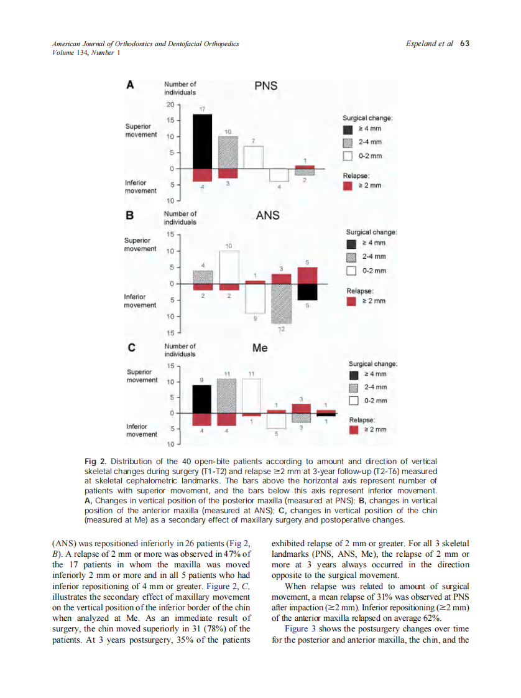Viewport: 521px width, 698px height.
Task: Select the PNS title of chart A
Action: tap(266, 86)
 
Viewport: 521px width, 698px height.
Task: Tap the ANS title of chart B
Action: tap(267, 216)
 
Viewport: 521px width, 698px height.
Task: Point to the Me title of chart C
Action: tap(260, 348)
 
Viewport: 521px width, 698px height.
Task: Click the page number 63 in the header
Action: tap(464, 44)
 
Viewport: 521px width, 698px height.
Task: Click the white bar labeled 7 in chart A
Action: tap(253, 157)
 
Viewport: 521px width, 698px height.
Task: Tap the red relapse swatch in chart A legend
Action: tap(348, 185)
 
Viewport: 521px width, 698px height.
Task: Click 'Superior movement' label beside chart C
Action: tap(141, 376)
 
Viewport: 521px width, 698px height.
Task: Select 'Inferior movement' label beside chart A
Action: tap(141, 187)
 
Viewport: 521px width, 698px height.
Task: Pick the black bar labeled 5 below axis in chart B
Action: tap(307, 292)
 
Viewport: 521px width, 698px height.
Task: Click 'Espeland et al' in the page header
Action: tap(428, 44)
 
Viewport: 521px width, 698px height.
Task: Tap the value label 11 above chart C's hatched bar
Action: tap(228, 373)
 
